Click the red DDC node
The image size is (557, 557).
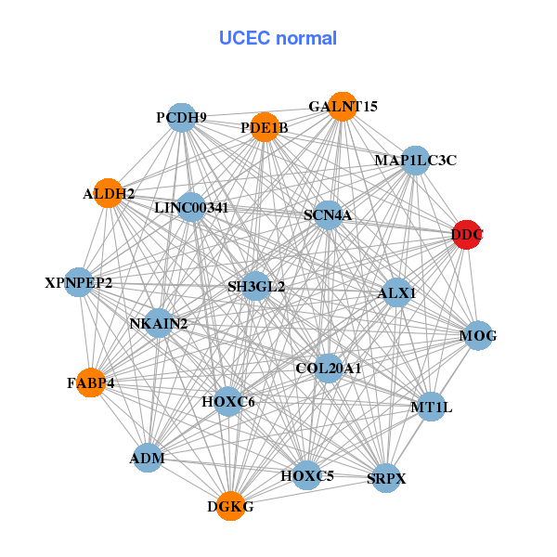pyautogui.click(x=466, y=235)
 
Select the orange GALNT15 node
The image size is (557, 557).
pyautogui.click(x=343, y=107)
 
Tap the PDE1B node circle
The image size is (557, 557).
pyautogui.click(x=265, y=127)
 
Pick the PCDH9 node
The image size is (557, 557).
pyautogui.click(x=182, y=118)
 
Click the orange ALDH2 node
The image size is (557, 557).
pyautogui.click(x=110, y=194)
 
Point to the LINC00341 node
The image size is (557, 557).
pyautogui.click(x=191, y=207)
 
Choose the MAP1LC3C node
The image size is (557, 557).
pyautogui.click(x=415, y=161)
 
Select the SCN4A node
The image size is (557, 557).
pyautogui.click(x=328, y=215)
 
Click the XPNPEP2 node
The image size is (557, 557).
pyautogui.click(x=79, y=282)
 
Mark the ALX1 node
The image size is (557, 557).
pyautogui.click(x=396, y=292)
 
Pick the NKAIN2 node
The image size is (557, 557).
pyautogui.click(x=159, y=323)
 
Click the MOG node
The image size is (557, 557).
pyautogui.click(x=477, y=335)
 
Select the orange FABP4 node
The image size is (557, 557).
pyautogui.click(x=91, y=382)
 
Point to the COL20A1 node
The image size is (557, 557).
pyautogui.click(x=328, y=369)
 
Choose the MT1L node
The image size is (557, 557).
pyautogui.click(x=431, y=406)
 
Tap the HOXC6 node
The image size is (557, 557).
pyautogui.click(x=228, y=402)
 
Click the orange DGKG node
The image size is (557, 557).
pyautogui.click(x=230, y=506)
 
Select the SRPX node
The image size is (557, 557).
pyautogui.click(x=386, y=478)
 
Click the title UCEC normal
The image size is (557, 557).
pyautogui.click(x=278, y=38)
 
